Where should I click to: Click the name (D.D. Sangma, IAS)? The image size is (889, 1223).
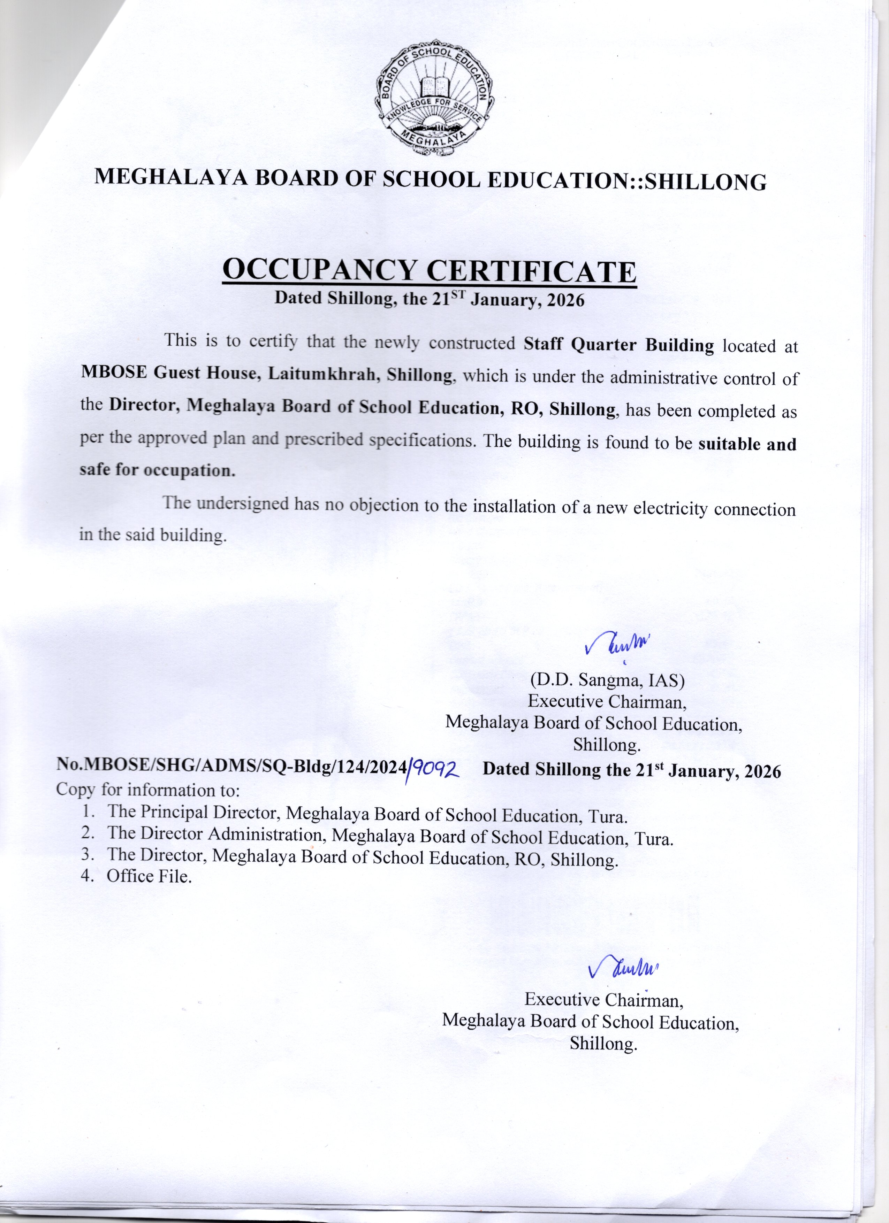[x=607, y=680]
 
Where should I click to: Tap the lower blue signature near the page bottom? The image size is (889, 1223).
[x=623, y=969]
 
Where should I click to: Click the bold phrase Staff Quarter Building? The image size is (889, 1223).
[x=619, y=345]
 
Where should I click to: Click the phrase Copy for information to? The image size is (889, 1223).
[x=147, y=790]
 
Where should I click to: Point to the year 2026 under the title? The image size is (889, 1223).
[x=565, y=300]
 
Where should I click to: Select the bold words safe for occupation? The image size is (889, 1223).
[x=158, y=470]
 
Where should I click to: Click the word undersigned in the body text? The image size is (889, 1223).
[x=243, y=504]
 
